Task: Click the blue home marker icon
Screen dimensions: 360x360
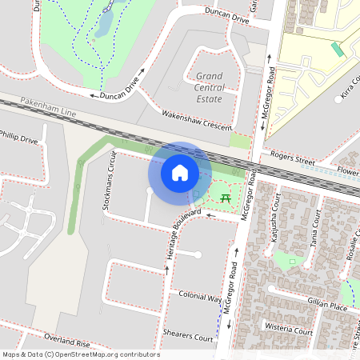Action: (x=180, y=172)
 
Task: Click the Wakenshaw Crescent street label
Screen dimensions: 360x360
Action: (x=197, y=121)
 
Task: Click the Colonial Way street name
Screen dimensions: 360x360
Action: (x=200, y=295)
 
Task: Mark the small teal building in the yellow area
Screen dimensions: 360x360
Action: (x=338, y=50)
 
